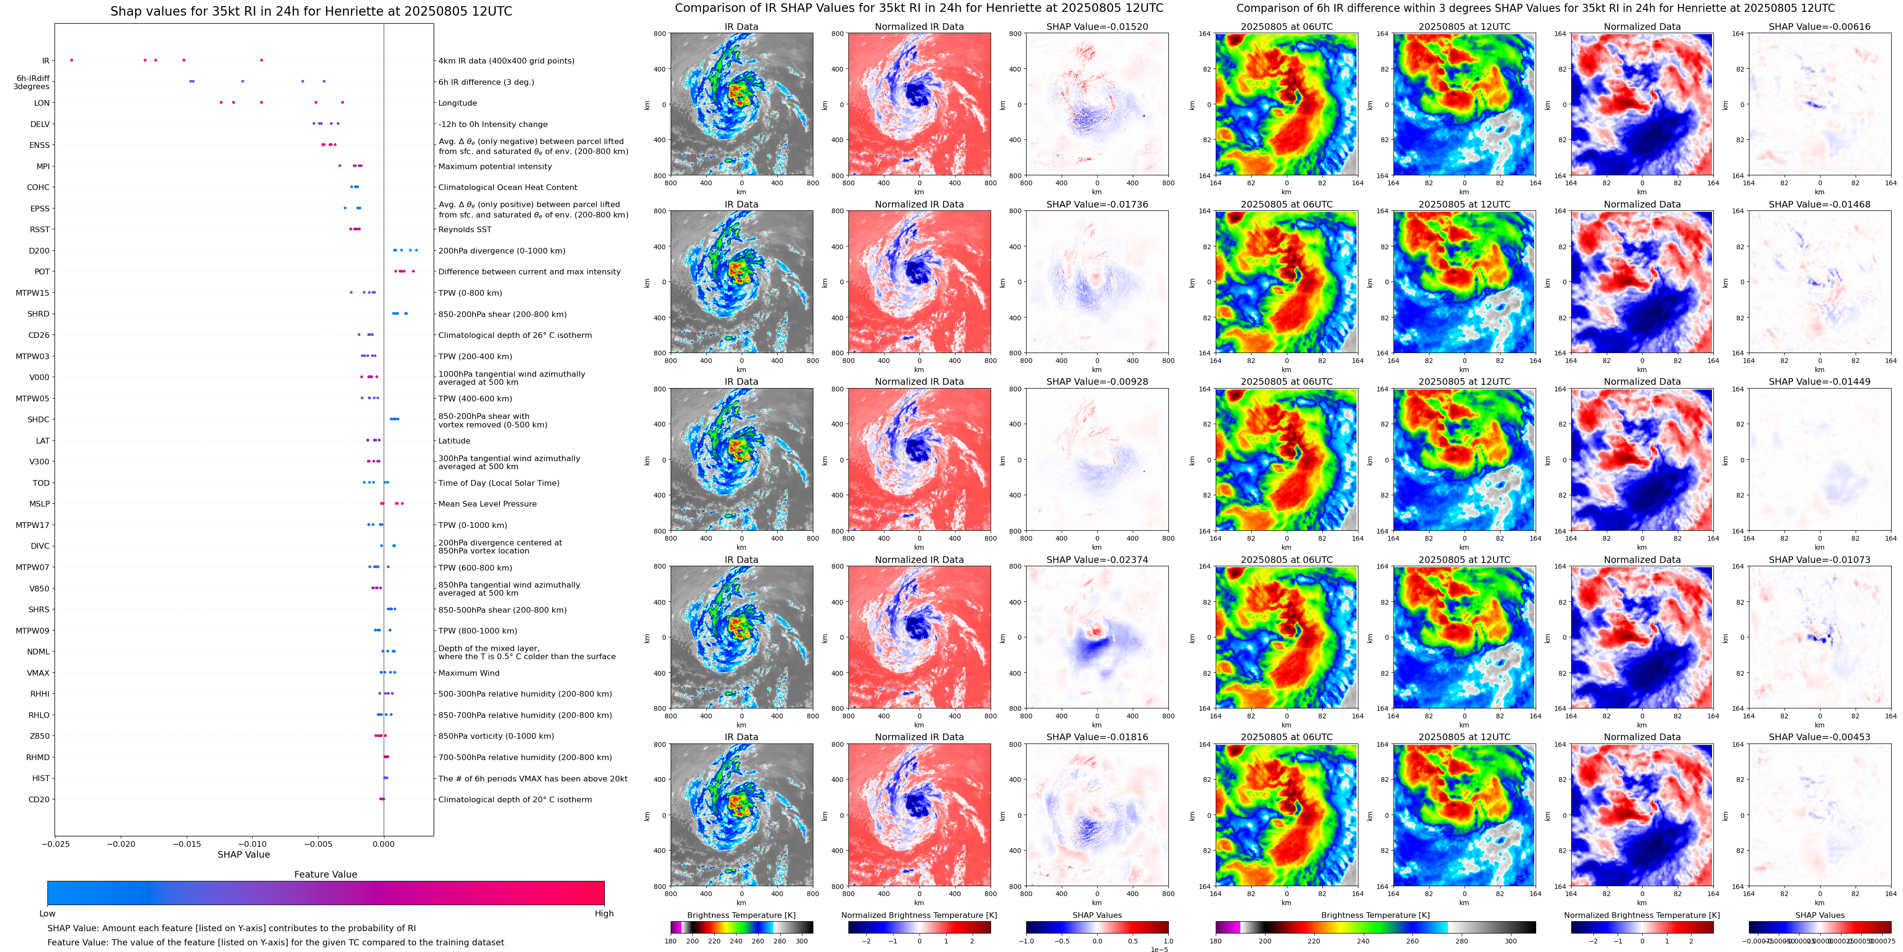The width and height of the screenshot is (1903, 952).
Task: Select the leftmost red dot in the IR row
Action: (x=71, y=60)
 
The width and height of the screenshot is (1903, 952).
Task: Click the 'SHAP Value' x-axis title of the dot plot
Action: (x=243, y=854)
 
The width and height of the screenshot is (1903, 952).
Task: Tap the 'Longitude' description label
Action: (x=457, y=103)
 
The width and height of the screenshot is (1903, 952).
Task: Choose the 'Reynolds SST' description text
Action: (x=464, y=230)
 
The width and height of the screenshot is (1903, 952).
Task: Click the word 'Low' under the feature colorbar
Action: (x=47, y=914)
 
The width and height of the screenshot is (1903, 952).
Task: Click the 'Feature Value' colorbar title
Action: (x=325, y=874)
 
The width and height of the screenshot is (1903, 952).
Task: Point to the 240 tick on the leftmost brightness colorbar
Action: (x=736, y=941)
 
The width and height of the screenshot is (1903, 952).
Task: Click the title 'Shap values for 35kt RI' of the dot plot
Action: (x=311, y=11)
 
